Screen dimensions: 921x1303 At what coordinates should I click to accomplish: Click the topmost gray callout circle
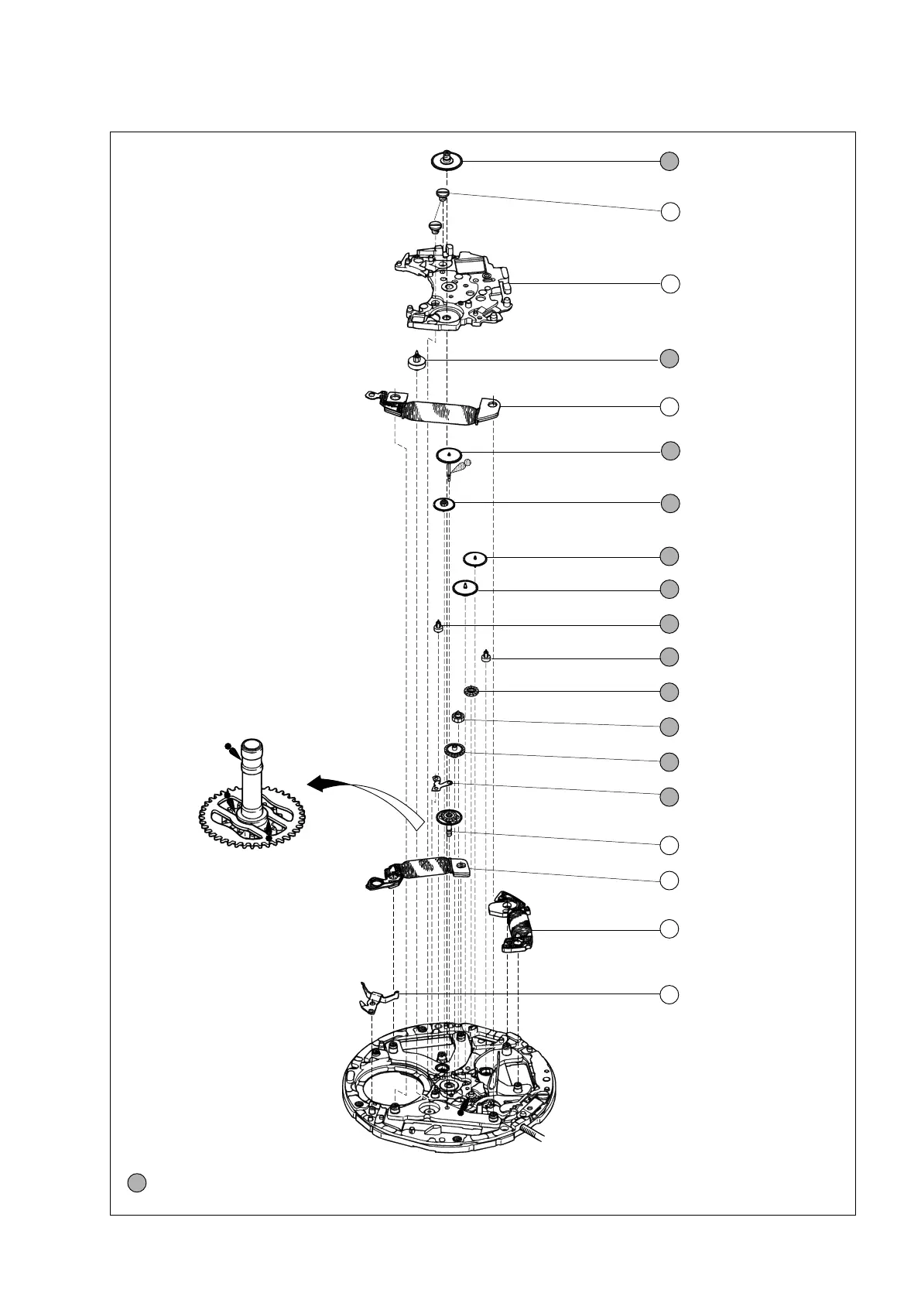(669, 161)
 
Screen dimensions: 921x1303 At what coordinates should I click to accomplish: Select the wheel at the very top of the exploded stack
(447, 161)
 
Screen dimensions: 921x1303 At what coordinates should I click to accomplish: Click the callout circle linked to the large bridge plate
(670, 284)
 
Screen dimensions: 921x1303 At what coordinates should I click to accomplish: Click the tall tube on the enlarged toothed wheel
(252, 778)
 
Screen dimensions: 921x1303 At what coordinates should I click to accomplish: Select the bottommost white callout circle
(670, 994)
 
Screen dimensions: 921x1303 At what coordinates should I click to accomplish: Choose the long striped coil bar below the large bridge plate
(433, 409)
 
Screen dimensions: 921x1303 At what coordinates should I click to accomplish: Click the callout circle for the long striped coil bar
(670, 406)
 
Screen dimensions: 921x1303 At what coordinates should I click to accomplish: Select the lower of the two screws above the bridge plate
(434, 226)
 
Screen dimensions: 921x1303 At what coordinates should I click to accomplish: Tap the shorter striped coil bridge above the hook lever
(418, 872)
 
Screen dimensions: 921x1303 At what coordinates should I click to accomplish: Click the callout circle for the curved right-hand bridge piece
(670, 929)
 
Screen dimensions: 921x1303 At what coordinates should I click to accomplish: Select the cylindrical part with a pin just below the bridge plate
(417, 361)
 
